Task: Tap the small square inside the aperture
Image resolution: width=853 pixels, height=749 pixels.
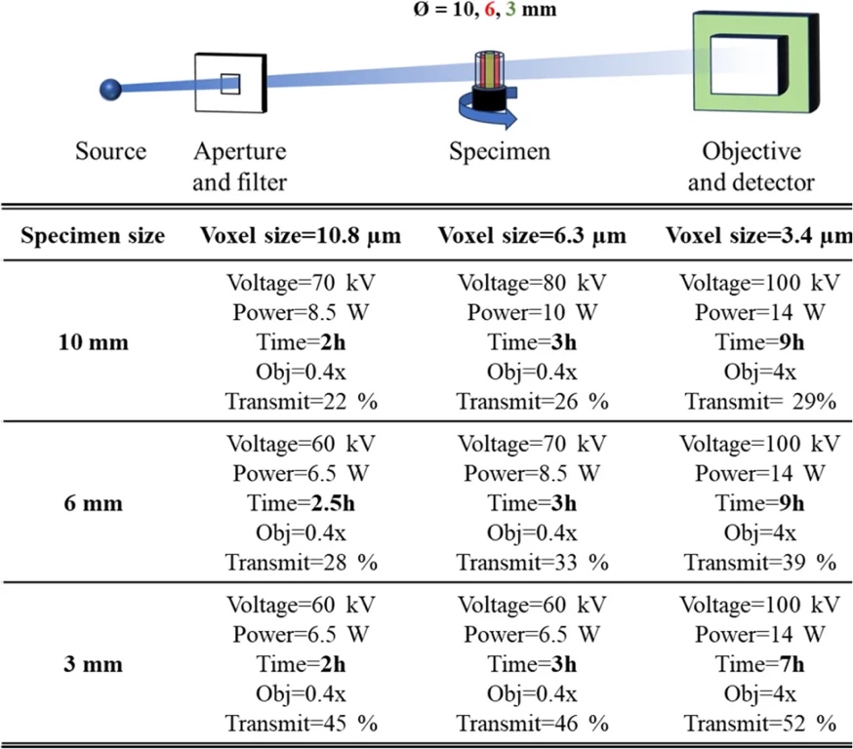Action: coord(229,84)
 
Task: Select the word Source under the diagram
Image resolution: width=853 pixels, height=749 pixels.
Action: coord(111,152)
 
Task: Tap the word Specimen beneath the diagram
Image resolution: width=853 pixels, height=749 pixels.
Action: coord(500,152)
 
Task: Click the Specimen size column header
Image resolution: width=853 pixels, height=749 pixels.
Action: coord(94,236)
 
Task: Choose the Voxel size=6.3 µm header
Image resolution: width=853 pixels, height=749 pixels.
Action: coord(532,236)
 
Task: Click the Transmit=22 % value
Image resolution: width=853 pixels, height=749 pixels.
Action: coord(300,402)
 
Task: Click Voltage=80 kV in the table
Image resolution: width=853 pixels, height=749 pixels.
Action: coord(532,284)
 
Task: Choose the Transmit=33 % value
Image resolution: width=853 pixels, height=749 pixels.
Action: coord(532,563)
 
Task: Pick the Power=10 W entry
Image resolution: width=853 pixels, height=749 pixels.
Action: coord(532,313)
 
